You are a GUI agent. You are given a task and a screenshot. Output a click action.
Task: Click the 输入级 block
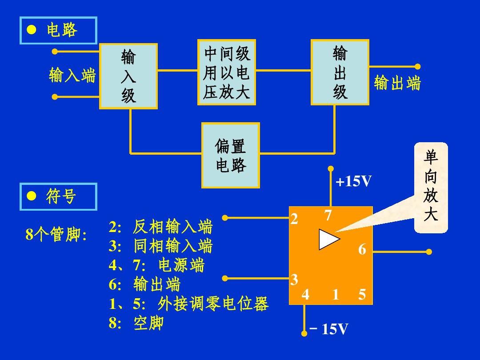tap(128, 76)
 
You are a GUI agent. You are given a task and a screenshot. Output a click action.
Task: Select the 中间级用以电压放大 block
tap(227, 72)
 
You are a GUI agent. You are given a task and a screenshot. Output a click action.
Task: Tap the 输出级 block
tap(340, 72)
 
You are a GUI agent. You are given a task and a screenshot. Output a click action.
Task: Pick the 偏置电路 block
tap(231, 155)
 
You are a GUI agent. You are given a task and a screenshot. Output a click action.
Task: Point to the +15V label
tap(354, 181)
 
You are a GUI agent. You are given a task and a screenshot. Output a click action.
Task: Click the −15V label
tap(329, 329)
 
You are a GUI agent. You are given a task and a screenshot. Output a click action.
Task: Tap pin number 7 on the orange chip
tap(328, 215)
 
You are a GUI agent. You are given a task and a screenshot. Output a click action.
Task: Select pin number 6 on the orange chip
tap(362, 249)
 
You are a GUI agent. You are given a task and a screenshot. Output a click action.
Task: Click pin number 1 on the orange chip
tap(336, 295)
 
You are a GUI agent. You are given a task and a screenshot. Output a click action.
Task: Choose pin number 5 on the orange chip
tap(362, 295)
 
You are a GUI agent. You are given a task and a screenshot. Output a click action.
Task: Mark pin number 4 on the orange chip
tap(305, 295)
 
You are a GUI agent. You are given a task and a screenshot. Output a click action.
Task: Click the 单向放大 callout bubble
tap(431, 188)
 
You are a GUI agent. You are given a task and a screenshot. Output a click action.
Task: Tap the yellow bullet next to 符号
tap(31, 196)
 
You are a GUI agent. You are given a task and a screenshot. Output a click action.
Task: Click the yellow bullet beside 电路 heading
tap(31, 30)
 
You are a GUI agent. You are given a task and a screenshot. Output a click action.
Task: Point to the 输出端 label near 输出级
tap(397, 83)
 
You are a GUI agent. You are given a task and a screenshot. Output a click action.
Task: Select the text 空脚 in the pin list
tap(148, 323)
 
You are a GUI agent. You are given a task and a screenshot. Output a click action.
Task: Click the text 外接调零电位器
tap(213, 304)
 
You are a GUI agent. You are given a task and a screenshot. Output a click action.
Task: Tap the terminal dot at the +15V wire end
tap(331, 169)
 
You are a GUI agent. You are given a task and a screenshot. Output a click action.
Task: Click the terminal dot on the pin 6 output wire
tap(429, 252)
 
